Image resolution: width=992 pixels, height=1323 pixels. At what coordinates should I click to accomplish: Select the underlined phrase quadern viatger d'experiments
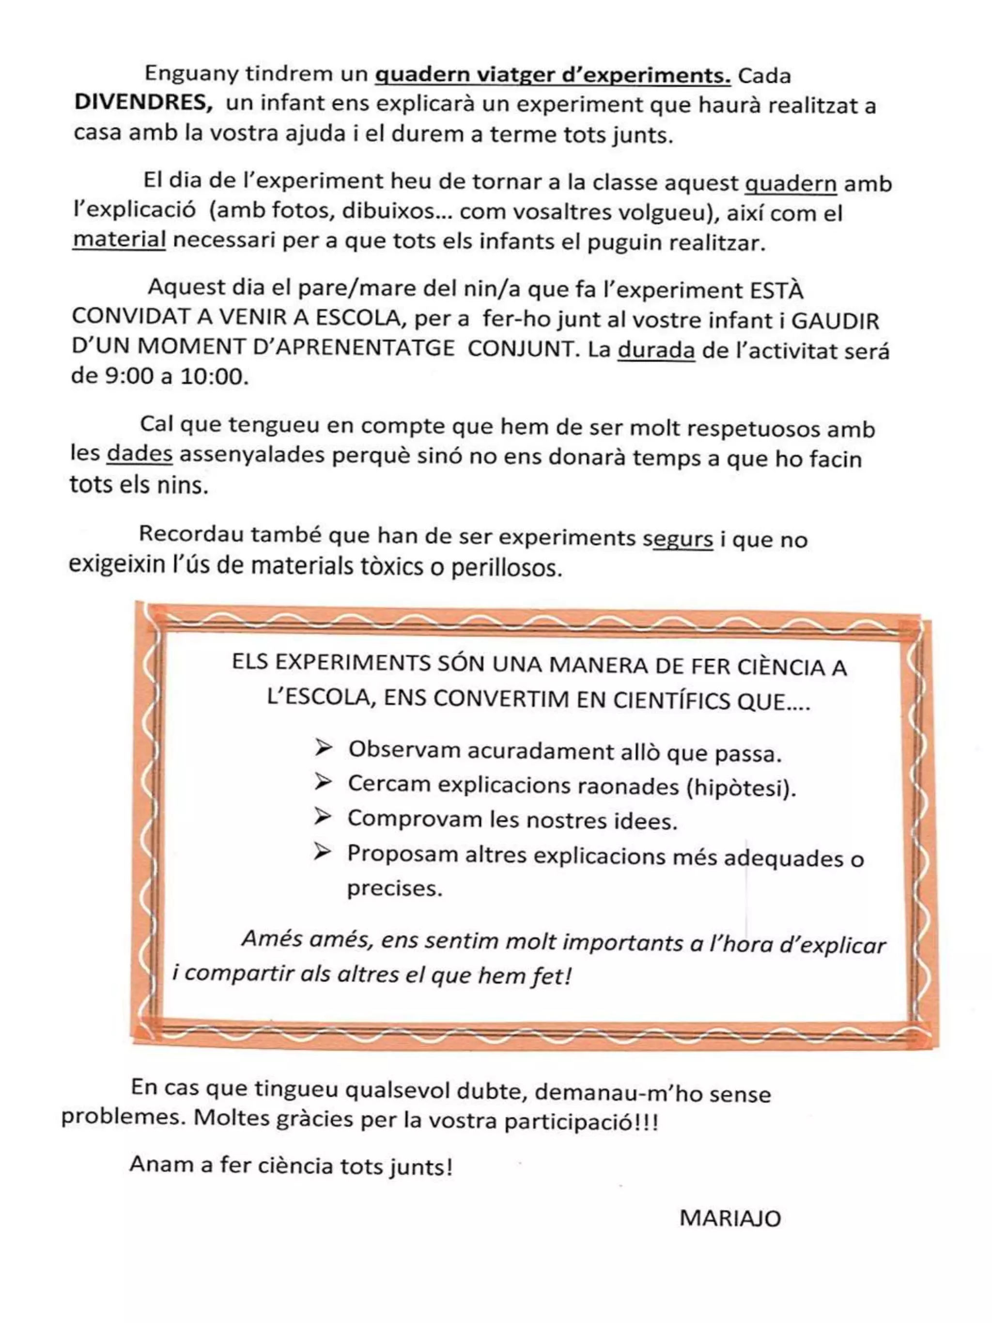pos(553,76)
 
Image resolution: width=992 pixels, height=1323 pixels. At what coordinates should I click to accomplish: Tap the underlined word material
pos(119,240)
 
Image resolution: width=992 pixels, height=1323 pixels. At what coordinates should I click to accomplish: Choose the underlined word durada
pos(656,350)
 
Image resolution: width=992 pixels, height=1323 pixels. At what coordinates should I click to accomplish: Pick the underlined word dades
pos(139,453)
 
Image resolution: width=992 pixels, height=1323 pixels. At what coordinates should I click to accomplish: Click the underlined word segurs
pos(678,539)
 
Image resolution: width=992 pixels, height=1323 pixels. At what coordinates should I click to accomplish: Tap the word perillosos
pos(507,567)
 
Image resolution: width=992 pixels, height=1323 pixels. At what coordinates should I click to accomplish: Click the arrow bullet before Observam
pos(323,747)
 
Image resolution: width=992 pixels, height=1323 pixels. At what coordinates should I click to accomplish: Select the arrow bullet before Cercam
pos(323,781)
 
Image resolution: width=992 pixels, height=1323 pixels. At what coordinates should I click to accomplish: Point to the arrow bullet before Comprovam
pos(323,816)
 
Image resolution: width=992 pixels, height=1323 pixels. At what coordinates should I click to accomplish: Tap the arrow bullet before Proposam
pos(323,851)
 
